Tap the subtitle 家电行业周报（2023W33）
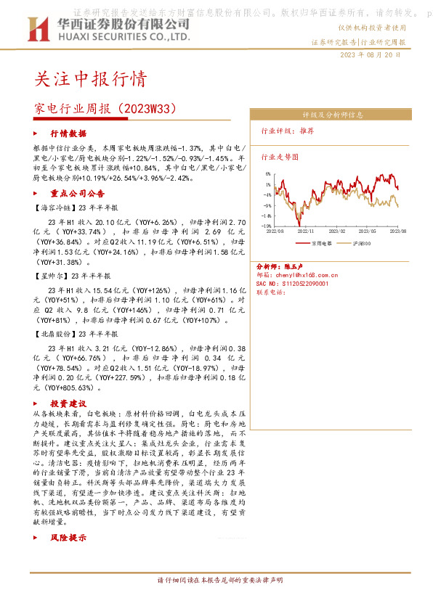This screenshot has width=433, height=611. click(106, 109)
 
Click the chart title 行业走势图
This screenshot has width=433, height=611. click(280, 156)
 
